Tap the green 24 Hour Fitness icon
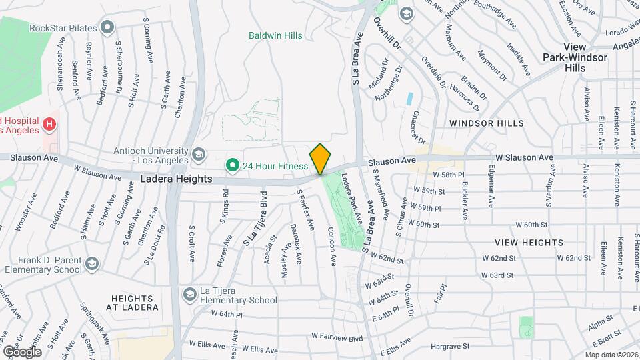(232, 164)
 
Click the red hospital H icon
(48, 124)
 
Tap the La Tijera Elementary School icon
(190, 294)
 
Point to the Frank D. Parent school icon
(91, 265)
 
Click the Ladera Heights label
(176, 179)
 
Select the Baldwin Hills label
(275, 35)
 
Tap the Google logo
(22, 351)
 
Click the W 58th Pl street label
(448, 174)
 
